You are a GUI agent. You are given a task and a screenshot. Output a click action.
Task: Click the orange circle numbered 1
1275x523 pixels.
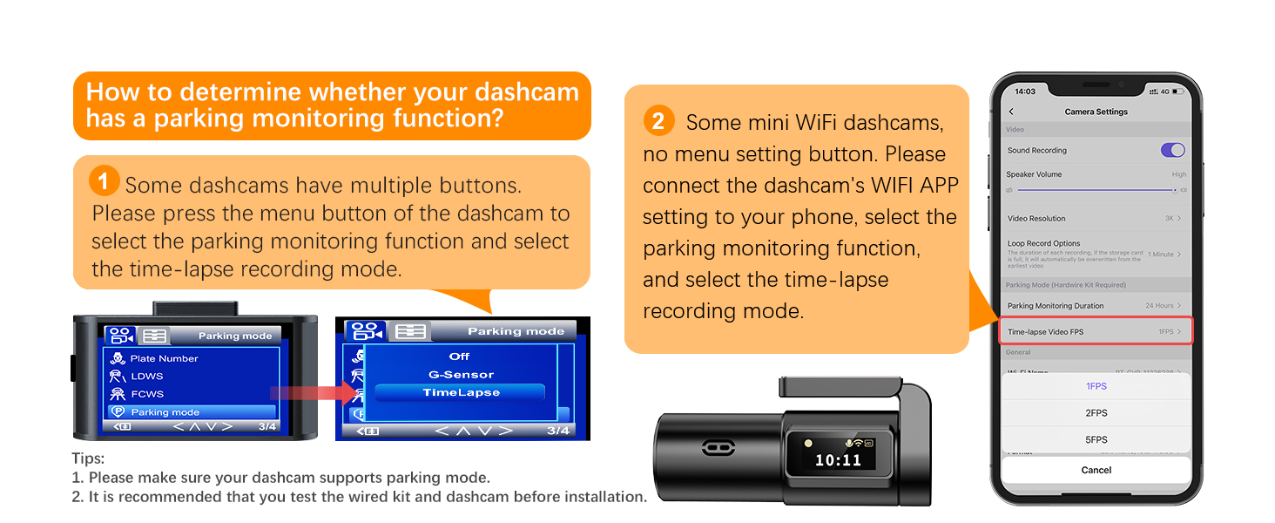(x=104, y=182)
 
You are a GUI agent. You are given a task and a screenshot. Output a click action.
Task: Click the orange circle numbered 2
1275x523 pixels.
(x=658, y=121)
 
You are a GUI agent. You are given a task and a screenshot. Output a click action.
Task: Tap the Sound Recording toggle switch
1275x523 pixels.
(x=1172, y=150)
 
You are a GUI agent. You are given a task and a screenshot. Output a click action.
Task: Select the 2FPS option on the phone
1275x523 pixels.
(x=1096, y=413)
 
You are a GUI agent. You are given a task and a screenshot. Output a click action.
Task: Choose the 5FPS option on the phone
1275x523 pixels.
(x=1096, y=440)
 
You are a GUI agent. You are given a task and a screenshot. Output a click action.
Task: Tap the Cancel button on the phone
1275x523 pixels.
(x=1096, y=470)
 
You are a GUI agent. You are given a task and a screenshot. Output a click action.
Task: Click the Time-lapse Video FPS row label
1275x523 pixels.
(x=1045, y=332)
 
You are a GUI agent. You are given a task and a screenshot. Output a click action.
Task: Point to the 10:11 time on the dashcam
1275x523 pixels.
(x=837, y=460)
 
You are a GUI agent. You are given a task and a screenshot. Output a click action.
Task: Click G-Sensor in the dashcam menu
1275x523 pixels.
(x=461, y=375)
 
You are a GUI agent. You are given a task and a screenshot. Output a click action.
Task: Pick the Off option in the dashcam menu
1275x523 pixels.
(x=459, y=357)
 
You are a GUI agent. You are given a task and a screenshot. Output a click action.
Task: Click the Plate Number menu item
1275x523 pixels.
(x=164, y=358)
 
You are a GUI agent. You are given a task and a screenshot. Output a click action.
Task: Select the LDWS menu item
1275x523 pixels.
(x=147, y=377)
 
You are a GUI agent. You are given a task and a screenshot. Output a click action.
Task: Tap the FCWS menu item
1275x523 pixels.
(x=147, y=394)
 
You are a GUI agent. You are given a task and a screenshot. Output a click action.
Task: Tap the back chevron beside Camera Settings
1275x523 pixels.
(x=1011, y=112)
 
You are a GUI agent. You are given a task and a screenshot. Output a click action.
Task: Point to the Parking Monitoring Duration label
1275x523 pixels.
(x=1055, y=306)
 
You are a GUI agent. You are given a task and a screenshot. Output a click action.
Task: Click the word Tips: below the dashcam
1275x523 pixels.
(x=88, y=458)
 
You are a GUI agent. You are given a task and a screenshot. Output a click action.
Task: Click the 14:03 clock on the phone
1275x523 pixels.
(x=1025, y=92)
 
